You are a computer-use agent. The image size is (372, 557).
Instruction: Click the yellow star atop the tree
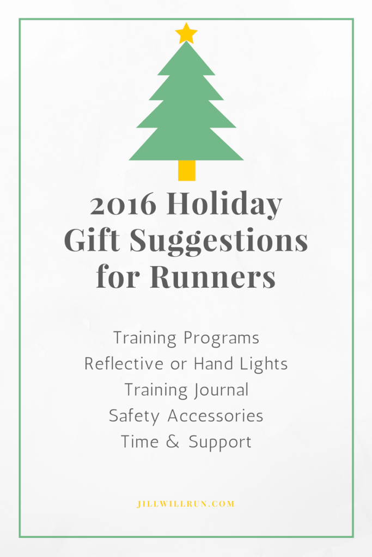[x=186, y=33]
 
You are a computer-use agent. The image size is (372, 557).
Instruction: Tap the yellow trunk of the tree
[x=186, y=170]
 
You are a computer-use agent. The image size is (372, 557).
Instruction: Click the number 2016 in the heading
[x=124, y=205]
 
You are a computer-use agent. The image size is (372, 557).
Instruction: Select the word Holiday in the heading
[x=224, y=206]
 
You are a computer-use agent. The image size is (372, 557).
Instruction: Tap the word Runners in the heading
[x=212, y=277]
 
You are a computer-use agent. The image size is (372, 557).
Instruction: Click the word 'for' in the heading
[x=119, y=277]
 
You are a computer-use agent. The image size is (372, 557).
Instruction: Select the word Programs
[x=221, y=338]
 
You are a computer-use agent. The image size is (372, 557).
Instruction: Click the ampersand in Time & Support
[x=173, y=442]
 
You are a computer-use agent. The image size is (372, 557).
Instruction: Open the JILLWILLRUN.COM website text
[x=186, y=504]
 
